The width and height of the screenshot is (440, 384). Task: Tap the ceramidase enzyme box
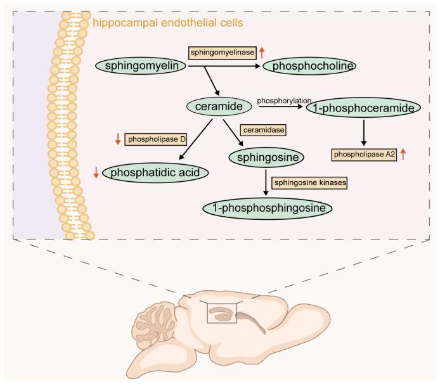tap(262, 130)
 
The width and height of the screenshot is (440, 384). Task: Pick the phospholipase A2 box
tap(363, 154)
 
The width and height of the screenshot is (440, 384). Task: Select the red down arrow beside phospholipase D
tap(117, 139)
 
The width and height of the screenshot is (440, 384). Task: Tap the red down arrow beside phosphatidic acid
tap(96, 171)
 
